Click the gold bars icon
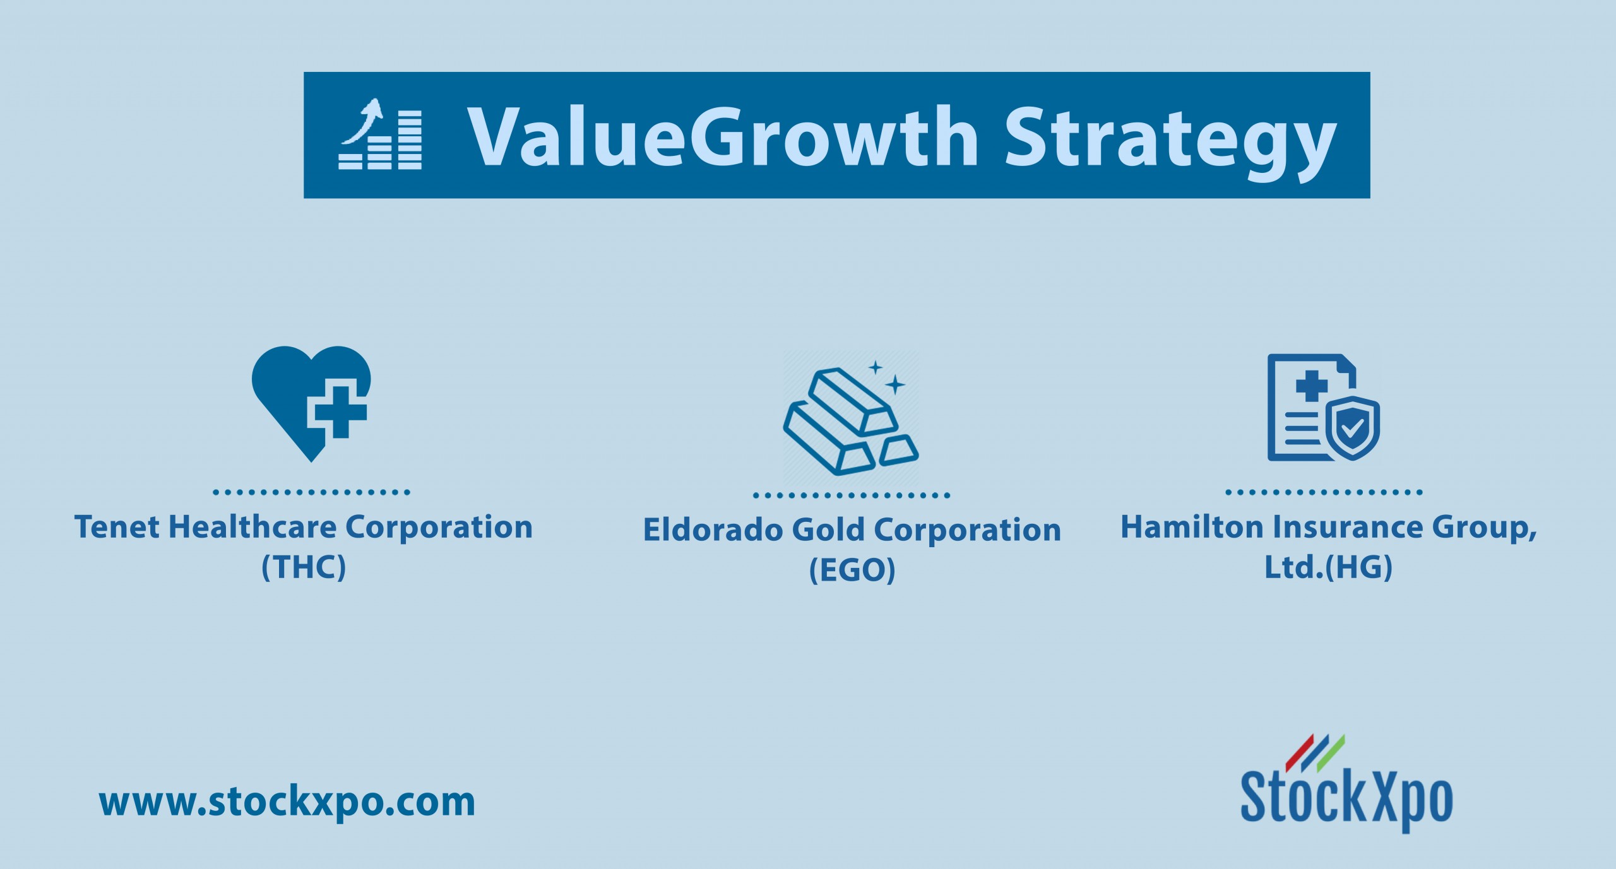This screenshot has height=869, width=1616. click(x=851, y=419)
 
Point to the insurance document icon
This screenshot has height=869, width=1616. click(x=1323, y=408)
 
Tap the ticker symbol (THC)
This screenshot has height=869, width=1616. click(x=304, y=567)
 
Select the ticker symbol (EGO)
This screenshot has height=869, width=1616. click(x=852, y=570)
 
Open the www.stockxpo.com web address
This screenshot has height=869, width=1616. click(x=287, y=803)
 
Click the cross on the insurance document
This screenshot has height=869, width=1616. click(x=1312, y=386)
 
